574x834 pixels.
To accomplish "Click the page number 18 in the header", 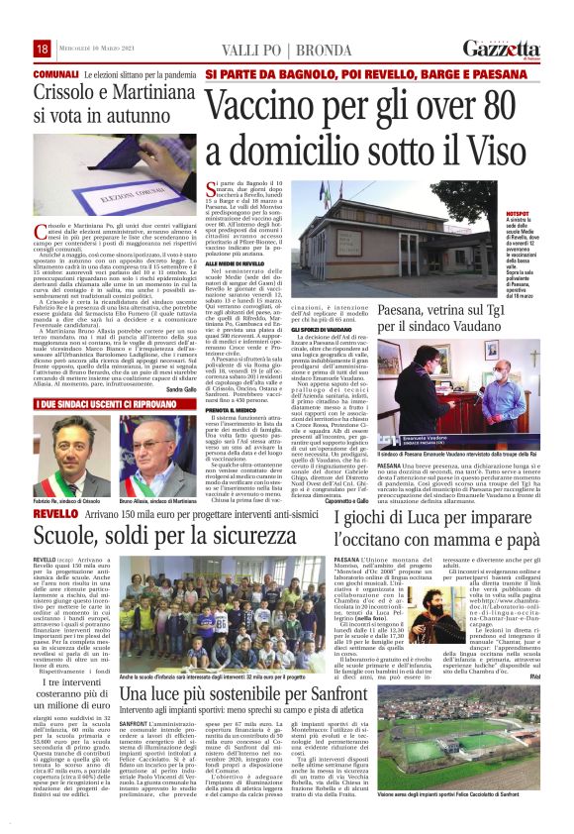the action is pyautogui.click(x=42, y=49).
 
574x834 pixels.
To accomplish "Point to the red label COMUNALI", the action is pyautogui.click(x=55, y=75).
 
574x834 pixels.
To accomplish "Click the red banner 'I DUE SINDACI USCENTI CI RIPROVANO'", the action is pyautogui.click(x=102, y=405).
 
